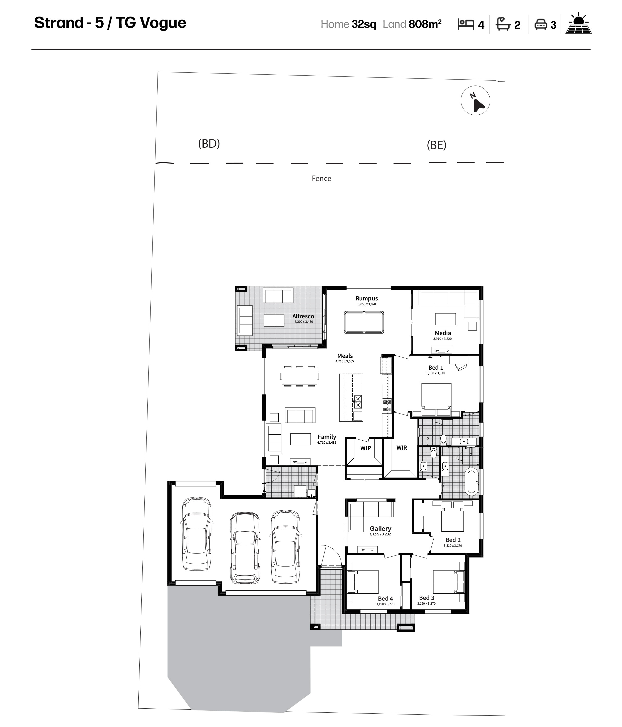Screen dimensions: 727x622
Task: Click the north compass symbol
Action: click(475, 101)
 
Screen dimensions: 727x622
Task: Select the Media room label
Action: click(443, 333)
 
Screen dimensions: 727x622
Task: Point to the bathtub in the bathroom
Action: click(471, 481)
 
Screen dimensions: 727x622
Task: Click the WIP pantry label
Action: click(366, 448)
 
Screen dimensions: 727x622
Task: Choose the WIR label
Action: click(402, 448)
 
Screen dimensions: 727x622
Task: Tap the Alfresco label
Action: click(303, 316)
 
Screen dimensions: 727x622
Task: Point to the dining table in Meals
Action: click(299, 376)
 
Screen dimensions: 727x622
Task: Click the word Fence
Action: click(321, 179)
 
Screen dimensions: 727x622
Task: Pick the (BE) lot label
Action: click(436, 145)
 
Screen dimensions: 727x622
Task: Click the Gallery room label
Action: click(380, 528)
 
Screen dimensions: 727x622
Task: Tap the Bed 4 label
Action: click(385, 599)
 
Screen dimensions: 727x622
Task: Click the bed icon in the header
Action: click(465, 24)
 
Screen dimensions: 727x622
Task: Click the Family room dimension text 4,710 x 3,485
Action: click(327, 443)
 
